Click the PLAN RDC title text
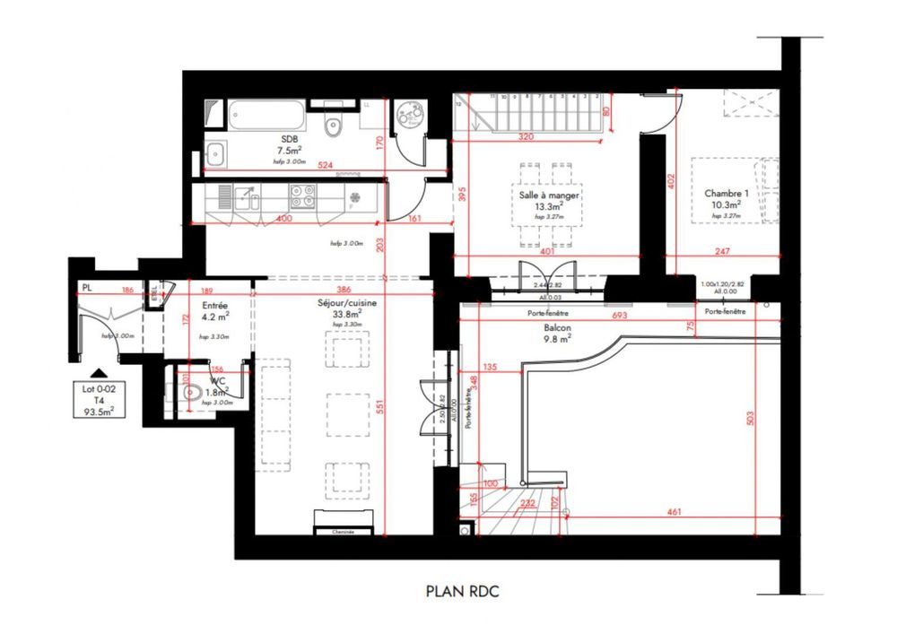(462, 591)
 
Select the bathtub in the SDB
(266, 115)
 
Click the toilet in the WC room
(189, 393)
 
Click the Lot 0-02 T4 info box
(100, 399)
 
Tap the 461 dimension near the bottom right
(674, 513)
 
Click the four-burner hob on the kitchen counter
(302, 195)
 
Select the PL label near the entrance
(86, 288)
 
